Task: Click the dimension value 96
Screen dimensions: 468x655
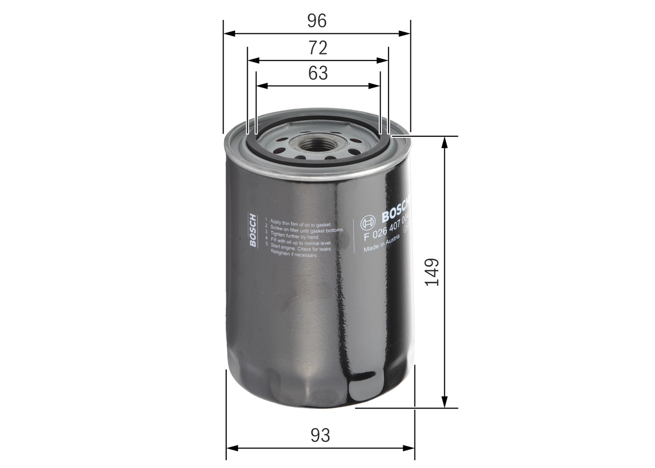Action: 317,20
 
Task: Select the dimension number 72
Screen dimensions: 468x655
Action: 318,48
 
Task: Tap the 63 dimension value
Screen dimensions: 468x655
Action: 318,73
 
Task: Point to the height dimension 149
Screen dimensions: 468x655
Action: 432,272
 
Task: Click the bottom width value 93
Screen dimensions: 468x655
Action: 320,435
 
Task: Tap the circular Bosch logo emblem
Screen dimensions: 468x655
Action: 368,222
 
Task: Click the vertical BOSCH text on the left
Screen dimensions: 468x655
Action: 252,230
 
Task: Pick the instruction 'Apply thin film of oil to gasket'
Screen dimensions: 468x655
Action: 301,221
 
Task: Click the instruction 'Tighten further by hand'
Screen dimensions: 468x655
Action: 295,237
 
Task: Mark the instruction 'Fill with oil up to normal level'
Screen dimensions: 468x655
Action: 301,243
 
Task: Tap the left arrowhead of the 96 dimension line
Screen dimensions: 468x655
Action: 228,34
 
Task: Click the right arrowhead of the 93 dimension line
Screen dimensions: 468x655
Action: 410,448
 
